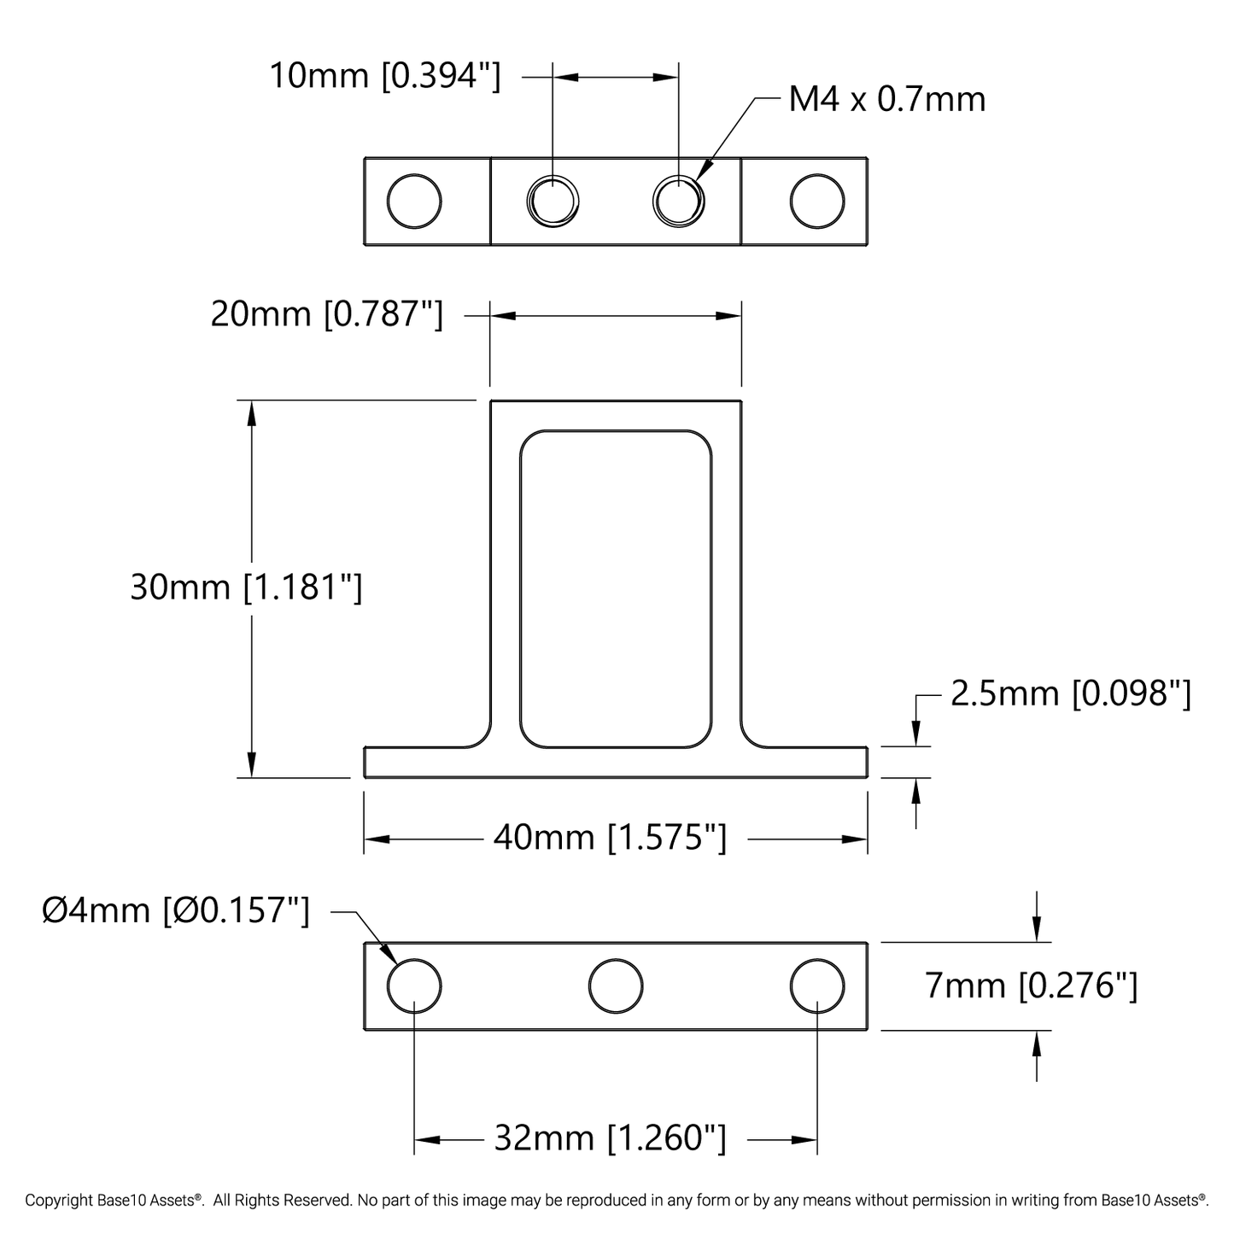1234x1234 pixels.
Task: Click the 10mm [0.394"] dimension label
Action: click(384, 77)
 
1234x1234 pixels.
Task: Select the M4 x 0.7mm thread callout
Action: click(886, 100)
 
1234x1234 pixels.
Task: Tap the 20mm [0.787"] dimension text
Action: click(326, 315)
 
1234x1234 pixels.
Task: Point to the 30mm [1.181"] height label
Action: click(246, 588)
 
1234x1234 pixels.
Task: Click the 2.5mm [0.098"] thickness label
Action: click(1070, 694)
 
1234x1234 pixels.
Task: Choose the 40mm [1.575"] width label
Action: click(610, 838)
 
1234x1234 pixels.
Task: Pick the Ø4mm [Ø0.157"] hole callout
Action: click(176, 910)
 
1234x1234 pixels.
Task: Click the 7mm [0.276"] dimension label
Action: click(1031, 986)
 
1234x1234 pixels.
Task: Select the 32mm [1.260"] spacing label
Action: click(610, 1138)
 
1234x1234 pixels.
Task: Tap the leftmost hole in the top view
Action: click(414, 202)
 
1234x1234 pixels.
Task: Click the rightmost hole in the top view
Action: click(817, 202)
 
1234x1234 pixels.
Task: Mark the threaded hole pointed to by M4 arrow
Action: click(679, 202)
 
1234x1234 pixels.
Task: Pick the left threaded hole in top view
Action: click(553, 202)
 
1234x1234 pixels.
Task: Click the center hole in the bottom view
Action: click(616, 986)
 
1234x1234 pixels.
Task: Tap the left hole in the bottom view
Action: click(414, 986)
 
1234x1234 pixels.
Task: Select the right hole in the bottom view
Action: click(817, 986)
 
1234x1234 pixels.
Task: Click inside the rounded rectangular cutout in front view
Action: click(616, 589)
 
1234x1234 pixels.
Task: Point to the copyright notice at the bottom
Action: click(617, 1201)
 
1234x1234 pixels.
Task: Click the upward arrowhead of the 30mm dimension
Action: click(251, 413)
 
